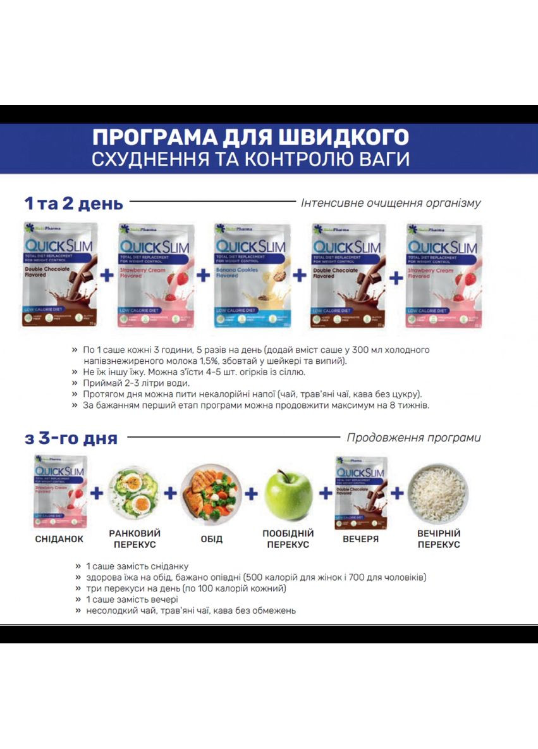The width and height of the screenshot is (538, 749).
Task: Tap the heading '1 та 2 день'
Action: [73, 204]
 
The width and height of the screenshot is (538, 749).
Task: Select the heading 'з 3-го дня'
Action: [71, 437]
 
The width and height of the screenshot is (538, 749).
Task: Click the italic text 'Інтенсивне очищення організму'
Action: [391, 203]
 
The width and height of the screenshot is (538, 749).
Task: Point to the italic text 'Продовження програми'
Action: [413, 437]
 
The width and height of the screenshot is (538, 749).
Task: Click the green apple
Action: [288, 494]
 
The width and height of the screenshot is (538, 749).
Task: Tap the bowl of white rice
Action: [438, 493]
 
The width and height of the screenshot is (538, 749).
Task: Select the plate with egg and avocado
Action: [133, 493]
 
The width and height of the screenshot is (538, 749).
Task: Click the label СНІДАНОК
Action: [59, 539]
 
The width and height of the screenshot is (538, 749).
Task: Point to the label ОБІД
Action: [211, 539]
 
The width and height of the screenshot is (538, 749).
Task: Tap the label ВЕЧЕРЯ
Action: [360, 539]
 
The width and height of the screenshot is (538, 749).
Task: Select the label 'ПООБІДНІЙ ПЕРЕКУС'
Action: [288, 539]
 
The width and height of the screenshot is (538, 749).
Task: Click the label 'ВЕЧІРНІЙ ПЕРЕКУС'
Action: [439, 539]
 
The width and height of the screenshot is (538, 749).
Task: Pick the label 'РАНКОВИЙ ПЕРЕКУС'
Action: [135, 539]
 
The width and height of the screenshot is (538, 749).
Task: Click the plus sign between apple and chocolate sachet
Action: [325, 493]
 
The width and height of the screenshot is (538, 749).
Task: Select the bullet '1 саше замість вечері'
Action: [131, 599]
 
